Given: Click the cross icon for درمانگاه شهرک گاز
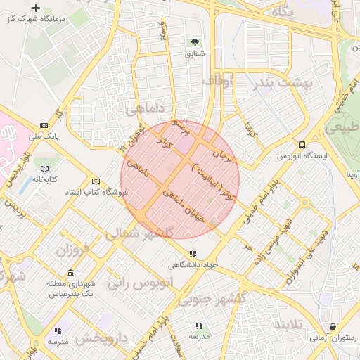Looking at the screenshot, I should coord(36,8).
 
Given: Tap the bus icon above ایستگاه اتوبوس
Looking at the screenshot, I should coord(302,146).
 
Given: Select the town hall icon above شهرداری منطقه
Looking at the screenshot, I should coord(70,274).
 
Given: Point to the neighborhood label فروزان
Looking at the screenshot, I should coord(73,250).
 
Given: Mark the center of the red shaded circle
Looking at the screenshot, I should coord(180,179).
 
